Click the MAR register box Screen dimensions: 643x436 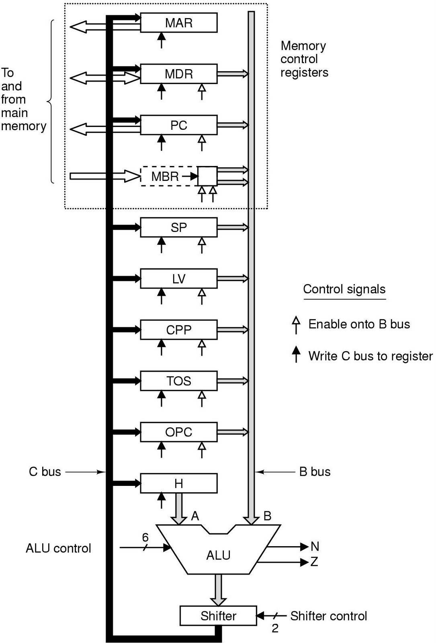pyautogui.click(x=178, y=23)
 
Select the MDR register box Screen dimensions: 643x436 pyautogui.click(x=178, y=74)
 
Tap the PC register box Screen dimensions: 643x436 pyautogui.click(x=178, y=125)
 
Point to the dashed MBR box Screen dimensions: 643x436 pyautogui.click(x=166, y=176)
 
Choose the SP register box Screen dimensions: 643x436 pyautogui.click(x=178, y=227)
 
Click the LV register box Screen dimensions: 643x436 pyautogui.click(x=178, y=278)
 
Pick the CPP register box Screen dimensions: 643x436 pyautogui.click(x=178, y=330)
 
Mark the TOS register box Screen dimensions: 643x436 pyautogui.click(x=178, y=381)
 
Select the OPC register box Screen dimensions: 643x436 pyautogui.click(x=178, y=432)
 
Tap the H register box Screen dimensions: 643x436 pyautogui.click(x=178, y=483)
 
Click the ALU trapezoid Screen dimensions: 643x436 pyautogui.click(x=218, y=555)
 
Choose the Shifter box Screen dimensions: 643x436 pyautogui.click(x=218, y=616)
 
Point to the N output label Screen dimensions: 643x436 pyautogui.click(x=315, y=546)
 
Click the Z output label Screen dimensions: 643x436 pyautogui.click(x=314, y=561)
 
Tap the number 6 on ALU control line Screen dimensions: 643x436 pyautogui.click(x=145, y=537)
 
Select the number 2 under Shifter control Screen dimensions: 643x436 pyautogui.click(x=275, y=628)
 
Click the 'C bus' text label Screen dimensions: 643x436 pyautogui.click(x=45, y=472)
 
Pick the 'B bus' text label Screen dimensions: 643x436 pyautogui.click(x=315, y=472)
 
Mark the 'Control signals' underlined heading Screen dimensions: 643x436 pyautogui.click(x=344, y=289)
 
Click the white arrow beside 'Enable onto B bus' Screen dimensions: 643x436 pyautogui.click(x=296, y=325)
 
